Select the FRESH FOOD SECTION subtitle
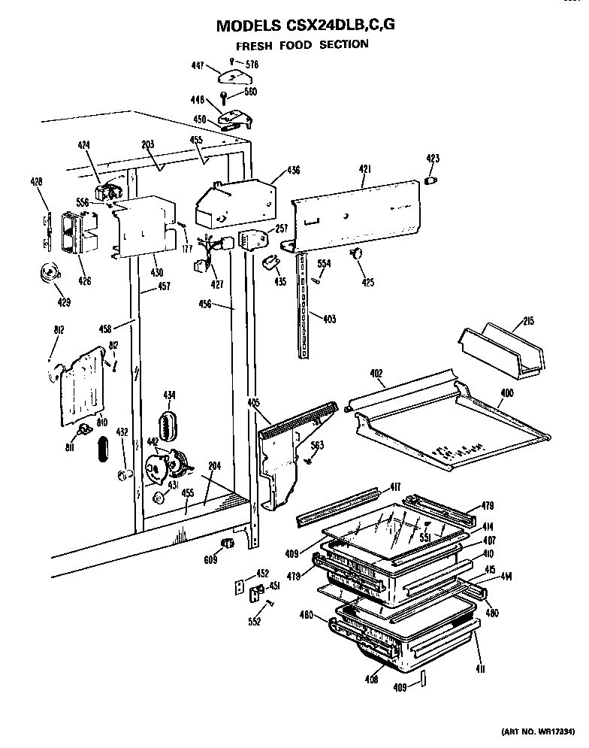click(x=303, y=44)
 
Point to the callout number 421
click(x=363, y=171)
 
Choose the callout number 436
click(x=293, y=171)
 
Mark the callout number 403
click(x=328, y=319)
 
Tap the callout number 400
click(x=507, y=392)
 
